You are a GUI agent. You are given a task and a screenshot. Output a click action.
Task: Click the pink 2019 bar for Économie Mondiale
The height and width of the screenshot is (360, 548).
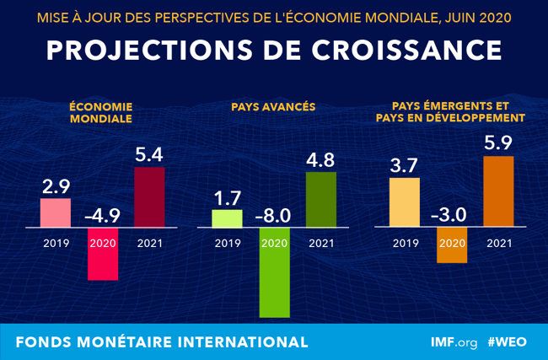56,212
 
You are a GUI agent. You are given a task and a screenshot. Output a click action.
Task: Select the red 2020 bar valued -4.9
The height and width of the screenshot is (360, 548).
103,255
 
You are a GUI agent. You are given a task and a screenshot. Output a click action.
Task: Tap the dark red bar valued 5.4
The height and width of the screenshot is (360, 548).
149,197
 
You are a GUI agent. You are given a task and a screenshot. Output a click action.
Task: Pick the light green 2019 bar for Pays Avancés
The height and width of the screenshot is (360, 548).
226,218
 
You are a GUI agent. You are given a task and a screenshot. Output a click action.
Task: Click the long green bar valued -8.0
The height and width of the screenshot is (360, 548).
273,272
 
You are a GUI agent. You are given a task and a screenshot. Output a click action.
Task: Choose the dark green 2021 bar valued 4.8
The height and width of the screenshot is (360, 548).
320,200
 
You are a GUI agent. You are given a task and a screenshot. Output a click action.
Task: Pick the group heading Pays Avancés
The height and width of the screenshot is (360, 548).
273,107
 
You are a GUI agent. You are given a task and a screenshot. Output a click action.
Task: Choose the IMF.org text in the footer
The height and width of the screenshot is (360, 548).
455,342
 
